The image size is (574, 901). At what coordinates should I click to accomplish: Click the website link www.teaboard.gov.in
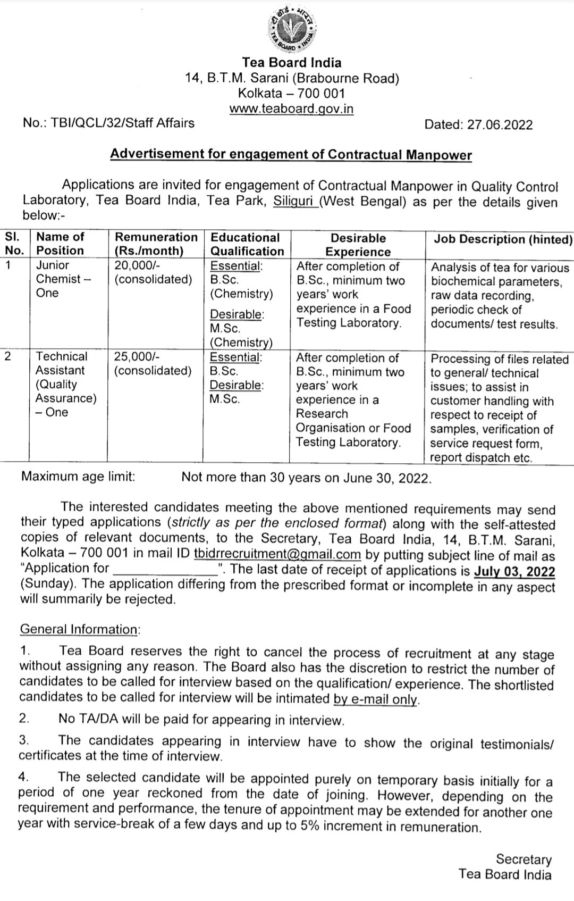coord(291,109)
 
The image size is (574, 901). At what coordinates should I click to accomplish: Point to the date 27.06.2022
coord(500,124)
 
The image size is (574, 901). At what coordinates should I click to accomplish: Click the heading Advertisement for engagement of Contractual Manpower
coord(291,155)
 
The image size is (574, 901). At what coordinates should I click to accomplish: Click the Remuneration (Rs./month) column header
coord(156,244)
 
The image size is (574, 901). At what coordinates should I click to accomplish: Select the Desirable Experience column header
coord(358,245)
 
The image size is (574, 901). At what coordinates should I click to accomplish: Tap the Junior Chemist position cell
coord(58,279)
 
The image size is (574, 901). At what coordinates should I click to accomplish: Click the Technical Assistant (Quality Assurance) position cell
coord(66,384)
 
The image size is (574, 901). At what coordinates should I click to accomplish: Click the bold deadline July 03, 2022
coord(514,572)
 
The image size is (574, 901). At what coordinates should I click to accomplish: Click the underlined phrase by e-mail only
coord(376,699)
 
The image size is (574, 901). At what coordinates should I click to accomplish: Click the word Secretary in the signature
coord(524,859)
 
